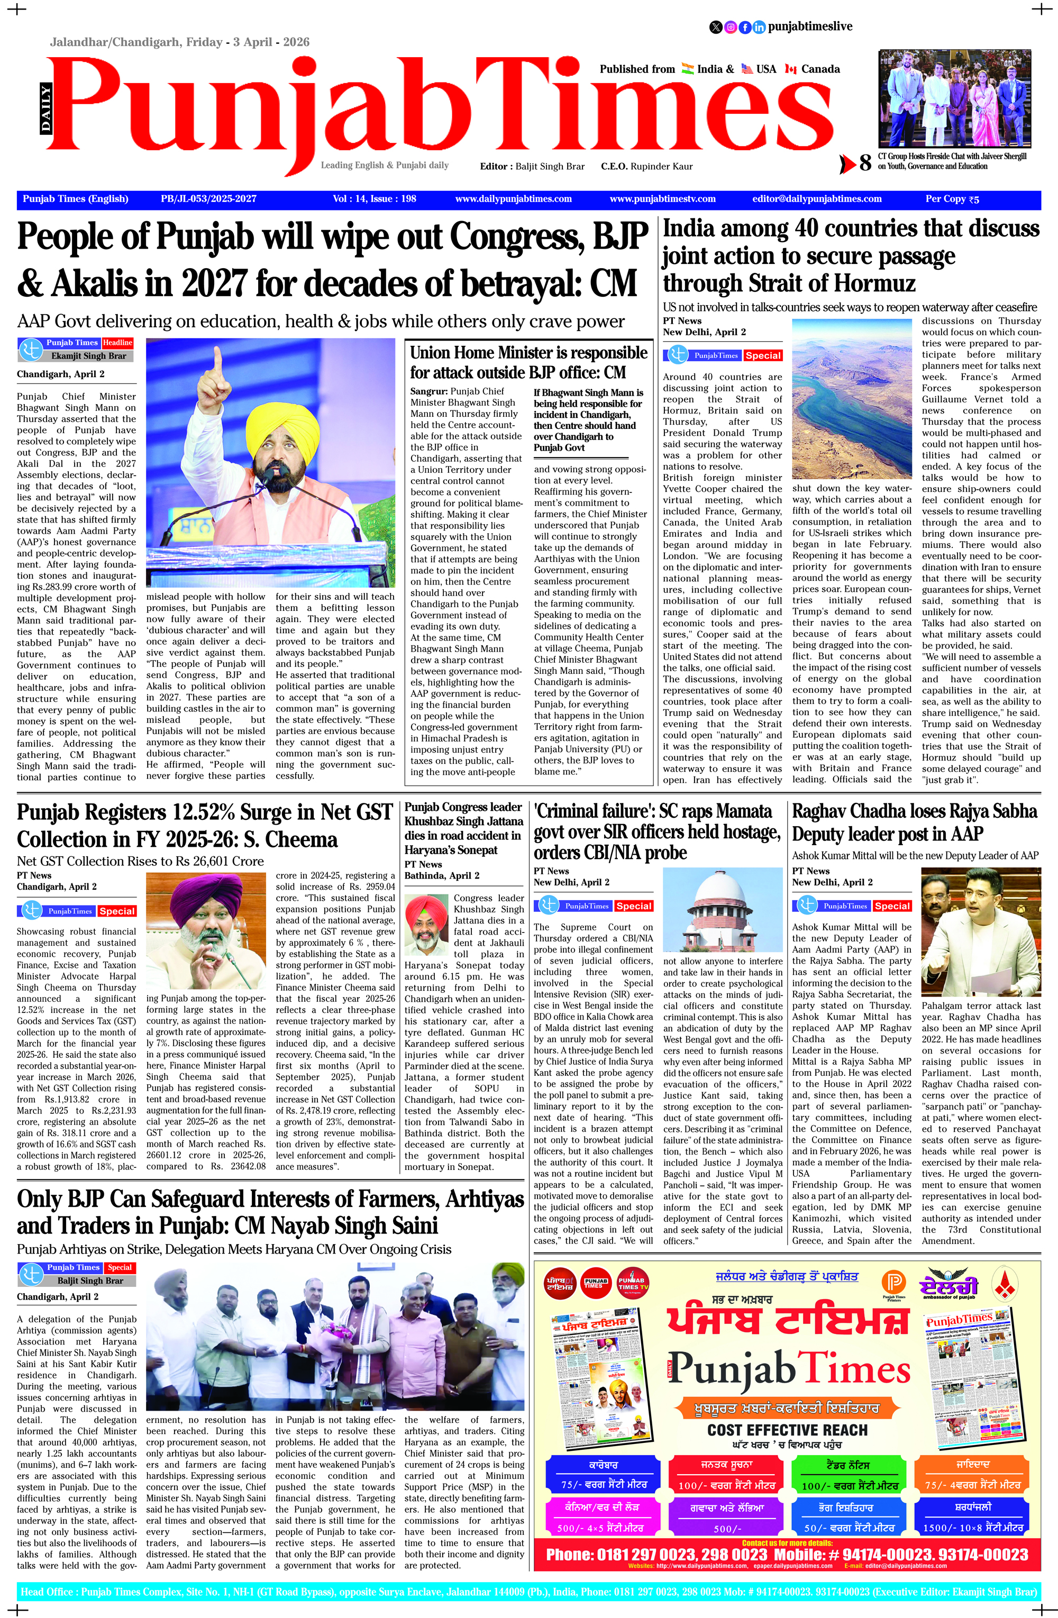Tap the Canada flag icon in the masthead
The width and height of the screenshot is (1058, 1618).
click(x=790, y=69)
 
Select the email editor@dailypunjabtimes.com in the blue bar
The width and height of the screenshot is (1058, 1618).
click(x=817, y=198)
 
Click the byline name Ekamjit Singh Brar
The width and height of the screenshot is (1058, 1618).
click(x=88, y=355)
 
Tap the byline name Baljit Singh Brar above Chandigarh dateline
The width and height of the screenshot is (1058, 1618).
click(x=90, y=1280)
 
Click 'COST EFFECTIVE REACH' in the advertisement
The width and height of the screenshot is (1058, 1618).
click(x=787, y=1430)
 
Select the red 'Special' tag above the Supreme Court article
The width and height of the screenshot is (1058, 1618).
click(x=634, y=906)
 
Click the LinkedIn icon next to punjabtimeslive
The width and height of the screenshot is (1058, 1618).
click(x=759, y=27)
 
